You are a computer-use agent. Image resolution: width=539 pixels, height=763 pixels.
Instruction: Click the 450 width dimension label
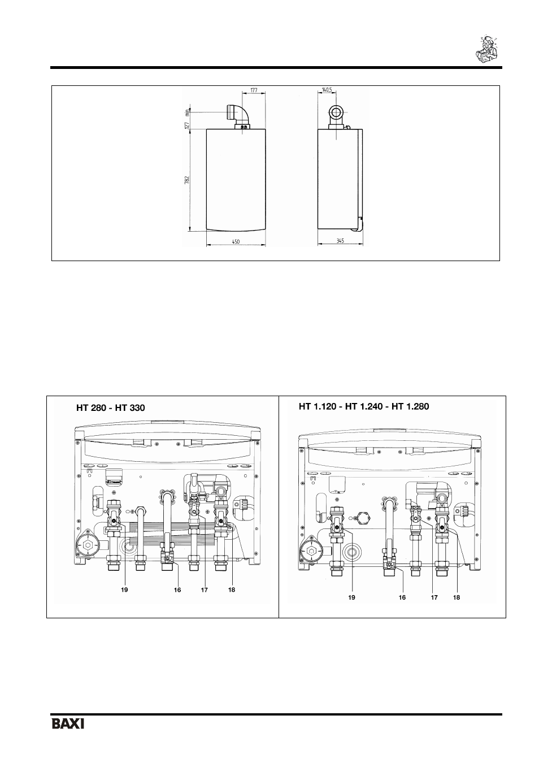pos(236,241)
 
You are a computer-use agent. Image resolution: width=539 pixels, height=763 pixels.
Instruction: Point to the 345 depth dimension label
pos(340,241)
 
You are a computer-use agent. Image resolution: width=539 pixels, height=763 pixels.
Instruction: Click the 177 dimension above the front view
pos(254,90)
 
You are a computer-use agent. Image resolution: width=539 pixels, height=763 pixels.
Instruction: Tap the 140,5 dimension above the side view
pos(326,90)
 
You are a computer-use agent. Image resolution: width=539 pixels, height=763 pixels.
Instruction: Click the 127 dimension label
pos(186,125)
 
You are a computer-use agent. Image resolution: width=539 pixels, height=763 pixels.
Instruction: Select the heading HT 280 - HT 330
pos(111,407)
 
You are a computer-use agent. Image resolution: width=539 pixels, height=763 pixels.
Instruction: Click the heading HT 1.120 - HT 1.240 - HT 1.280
pos(364,406)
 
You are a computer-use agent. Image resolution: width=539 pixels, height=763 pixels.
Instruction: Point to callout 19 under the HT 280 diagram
pos(124,590)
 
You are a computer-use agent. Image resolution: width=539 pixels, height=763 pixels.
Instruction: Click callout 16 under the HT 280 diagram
pos(177,590)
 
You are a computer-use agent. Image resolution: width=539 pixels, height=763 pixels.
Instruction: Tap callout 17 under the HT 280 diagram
pos(204,590)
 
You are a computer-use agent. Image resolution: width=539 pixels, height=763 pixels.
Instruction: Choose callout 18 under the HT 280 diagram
pos(232,590)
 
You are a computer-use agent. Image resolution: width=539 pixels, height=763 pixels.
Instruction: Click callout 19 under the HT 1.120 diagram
pos(351,597)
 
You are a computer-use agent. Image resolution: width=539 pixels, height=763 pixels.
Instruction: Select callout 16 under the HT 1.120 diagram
pos(402,597)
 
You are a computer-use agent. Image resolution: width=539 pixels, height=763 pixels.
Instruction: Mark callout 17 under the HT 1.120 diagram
pos(434,597)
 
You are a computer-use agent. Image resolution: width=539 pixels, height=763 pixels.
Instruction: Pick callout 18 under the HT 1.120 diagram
pos(457,597)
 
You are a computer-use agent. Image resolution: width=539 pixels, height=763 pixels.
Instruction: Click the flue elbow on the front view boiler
pos(238,114)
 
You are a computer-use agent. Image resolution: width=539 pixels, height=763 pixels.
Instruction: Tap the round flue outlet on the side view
pos(336,111)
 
